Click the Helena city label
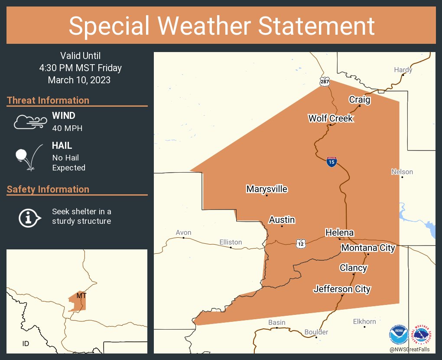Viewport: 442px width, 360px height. point(339,233)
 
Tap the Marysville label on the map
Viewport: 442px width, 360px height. point(266,189)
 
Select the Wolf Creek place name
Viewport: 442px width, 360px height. point(330,118)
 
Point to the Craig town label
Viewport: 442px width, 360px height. point(360,100)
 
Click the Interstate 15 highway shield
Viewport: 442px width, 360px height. point(331,162)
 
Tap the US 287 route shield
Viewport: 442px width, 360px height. point(325,81)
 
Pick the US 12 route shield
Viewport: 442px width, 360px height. point(301,244)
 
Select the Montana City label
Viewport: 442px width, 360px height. point(368,248)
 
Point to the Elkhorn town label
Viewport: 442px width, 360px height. point(364,321)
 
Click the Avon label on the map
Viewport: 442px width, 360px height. point(183,233)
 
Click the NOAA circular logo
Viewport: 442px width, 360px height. point(398,335)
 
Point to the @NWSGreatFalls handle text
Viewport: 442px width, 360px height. point(410,349)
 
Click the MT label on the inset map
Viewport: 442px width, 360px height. point(81,295)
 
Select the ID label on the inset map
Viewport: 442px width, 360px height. point(26,344)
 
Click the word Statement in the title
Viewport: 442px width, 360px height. point(316,26)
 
